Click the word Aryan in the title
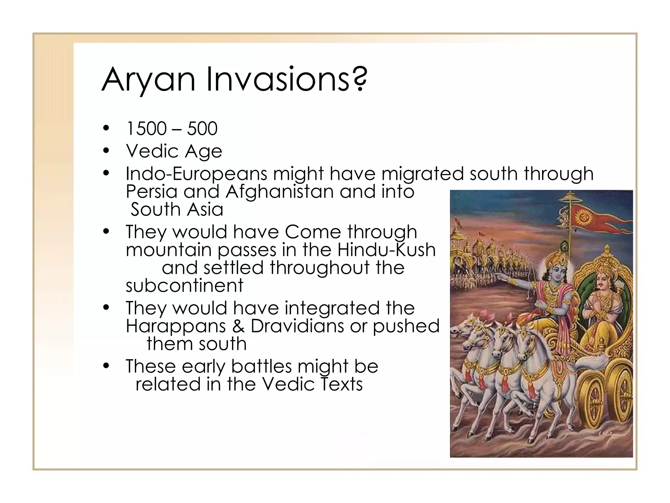click(148, 80)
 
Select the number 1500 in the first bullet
click(146, 128)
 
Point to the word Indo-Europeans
click(196, 174)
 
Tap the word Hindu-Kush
click(386, 250)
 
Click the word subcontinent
click(185, 286)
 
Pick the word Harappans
click(176, 326)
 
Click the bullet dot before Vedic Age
click(105, 151)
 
